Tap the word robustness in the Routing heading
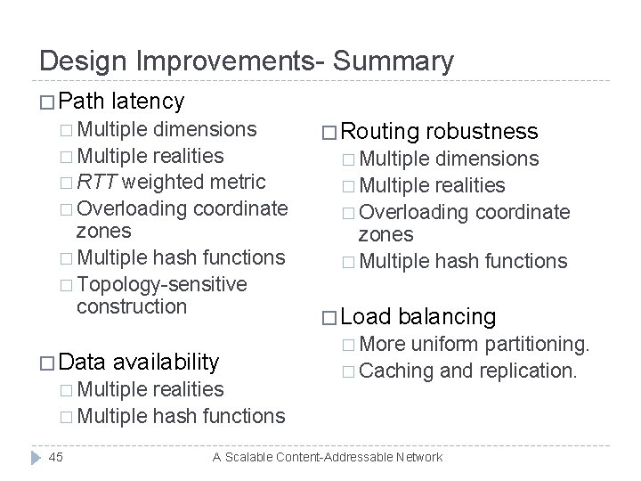(x=482, y=132)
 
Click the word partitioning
(x=535, y=343)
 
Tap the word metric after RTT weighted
(x=239, y=182)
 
